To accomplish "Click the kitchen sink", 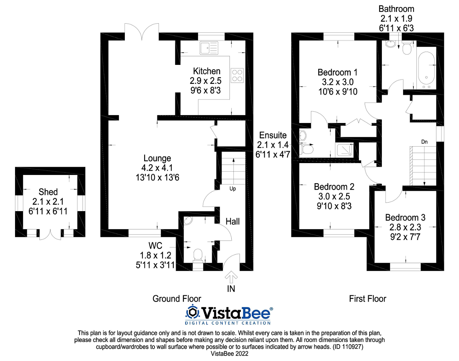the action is [x=209, y=48].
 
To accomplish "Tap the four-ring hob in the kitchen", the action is [x=237, y=76].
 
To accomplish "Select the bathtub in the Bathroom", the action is [x=426, y=70].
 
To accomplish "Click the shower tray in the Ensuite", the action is [x=344, y=150].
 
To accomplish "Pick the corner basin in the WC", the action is [x=188, y=220].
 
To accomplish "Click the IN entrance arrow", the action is [x=231, y=277].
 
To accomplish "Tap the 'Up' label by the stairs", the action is [x=232, y=189].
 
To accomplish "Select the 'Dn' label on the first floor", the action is [x=424, y=142].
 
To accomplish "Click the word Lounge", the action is [x=157, y=158].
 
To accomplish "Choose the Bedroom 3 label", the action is [x=405, y=218].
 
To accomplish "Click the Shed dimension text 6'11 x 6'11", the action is [x=48, y=211].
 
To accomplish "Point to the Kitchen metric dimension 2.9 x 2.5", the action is [x=205, y=81].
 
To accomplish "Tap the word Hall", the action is [x=232, y=222].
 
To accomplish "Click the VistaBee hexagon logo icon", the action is [x=193, y=313].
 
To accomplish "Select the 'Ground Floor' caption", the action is [x=176, y=299].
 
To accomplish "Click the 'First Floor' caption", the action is [x=368, y=299].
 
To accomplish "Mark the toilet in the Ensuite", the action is [x=306, y=149].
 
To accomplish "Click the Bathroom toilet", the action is [x=407, y=48].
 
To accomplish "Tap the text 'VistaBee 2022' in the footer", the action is [x=229, y=354].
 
